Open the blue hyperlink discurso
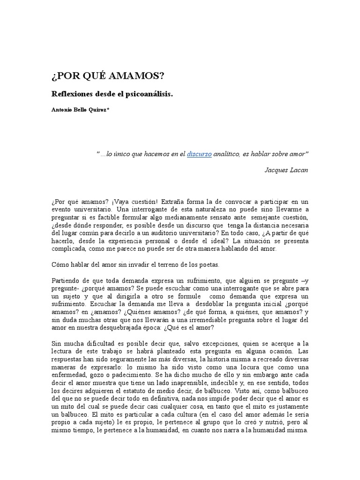(200, 153)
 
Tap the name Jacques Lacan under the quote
(286, 170)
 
